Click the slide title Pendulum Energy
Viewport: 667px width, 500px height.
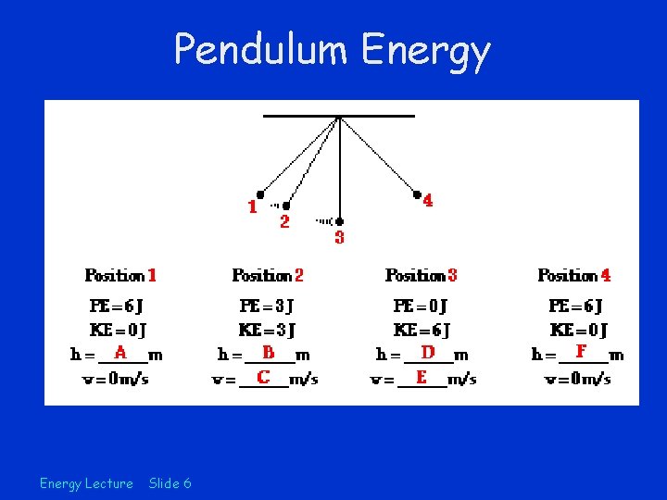pyautogui.click(x=333, y=50)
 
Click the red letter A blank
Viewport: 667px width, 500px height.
pyautogui.click(x=120, y=353)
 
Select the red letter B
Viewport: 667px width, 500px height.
pyautogui.click(x=269, y=353)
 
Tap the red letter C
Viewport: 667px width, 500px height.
pyautogui.click(x=264, y=377)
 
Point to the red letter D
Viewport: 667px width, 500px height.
pyautogui.click(x=428, y=353)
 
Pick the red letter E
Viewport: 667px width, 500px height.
pyautogui.click(x=422, y=377)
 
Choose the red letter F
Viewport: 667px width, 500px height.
pyautogui.click(x=581, y=352)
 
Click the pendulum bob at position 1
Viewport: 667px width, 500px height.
pyautogui.click(x=260, y=194)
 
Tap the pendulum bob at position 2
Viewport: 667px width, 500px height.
pyautogui.click(x=286, y=206)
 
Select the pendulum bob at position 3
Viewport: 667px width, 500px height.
pyautogui.click(x=340, y=221)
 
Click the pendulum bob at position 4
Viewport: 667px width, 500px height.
pyautogui.click(x=417, y=194)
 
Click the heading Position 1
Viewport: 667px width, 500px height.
pyautogui.click(x=120, y=275)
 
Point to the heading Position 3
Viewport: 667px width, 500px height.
pyautogui.click(x=421, y=275)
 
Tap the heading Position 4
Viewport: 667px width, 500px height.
pyautogui.click(x=574, y=275)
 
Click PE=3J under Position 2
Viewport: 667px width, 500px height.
pyautogui.click(x=267, y=306)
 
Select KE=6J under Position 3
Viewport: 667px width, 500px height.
pyautogui.click(x=422, y=330)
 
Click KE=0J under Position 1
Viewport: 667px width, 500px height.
pyautogui.click(x=118, y=330)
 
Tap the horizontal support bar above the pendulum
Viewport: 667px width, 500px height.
pyautogui.click(x=339, y=116)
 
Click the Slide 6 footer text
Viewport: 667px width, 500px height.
pyautogui.click(x=170, y=482)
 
